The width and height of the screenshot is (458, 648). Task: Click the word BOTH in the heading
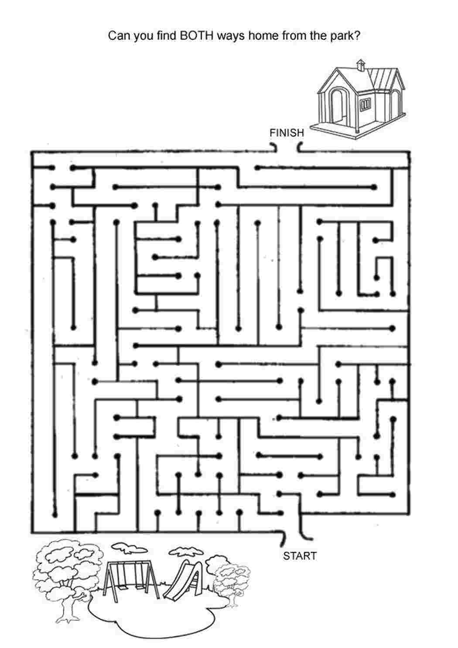pyautogui.click(x=197, y=36)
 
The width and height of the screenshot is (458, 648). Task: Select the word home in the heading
pyautogui.click(x=263, y=36)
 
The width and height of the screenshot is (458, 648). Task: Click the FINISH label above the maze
pyautogui.click(x=287, y=133)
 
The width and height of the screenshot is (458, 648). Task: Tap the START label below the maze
pyautogui.click(x=300, y=556)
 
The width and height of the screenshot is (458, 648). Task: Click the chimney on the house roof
pyautogui.click(x=360, y=65)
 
